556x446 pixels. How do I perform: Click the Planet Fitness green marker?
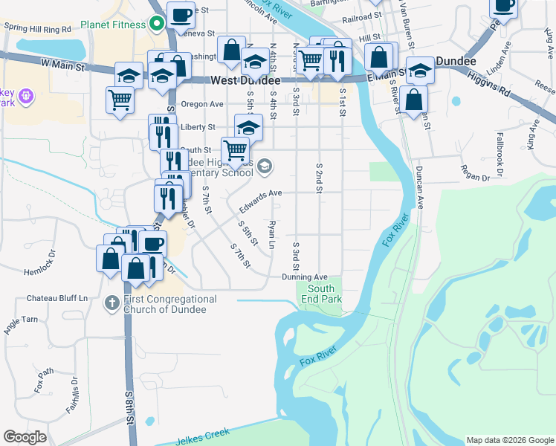point(157,23)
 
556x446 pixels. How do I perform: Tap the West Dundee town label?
point(245,80)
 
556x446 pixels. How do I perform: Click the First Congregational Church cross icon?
point(111,303)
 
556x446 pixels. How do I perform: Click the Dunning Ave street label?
point(305,277)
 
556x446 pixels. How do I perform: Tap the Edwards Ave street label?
point(260,197)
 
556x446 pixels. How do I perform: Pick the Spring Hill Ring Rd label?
point(37,28)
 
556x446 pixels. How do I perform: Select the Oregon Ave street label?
point(197,104)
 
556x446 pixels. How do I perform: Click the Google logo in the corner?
point(25,437)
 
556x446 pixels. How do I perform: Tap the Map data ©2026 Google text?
point(509,440)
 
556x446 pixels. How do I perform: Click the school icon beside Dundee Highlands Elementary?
point(265,167)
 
